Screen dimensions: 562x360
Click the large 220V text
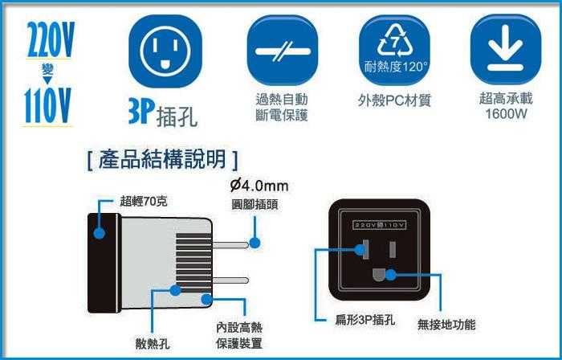51,39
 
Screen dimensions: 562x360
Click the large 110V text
47,106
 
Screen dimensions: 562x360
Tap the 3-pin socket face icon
165,51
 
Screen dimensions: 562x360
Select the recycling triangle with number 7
395,41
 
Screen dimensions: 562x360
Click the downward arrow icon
505,47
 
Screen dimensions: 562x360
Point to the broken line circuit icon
283,51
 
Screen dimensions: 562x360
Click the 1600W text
506,114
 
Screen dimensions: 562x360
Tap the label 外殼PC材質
394,100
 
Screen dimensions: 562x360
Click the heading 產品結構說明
162,159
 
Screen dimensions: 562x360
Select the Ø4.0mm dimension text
259,186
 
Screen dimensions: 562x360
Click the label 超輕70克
144,202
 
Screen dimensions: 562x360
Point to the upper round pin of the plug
230,245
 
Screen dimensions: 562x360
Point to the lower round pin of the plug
230,280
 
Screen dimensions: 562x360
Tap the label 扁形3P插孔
365,320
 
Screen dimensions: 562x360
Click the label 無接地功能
446,324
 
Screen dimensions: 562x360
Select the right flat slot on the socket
393,250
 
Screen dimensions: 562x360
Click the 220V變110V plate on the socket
380,225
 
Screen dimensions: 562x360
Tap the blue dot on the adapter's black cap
100,233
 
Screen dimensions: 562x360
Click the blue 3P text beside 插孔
141,112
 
